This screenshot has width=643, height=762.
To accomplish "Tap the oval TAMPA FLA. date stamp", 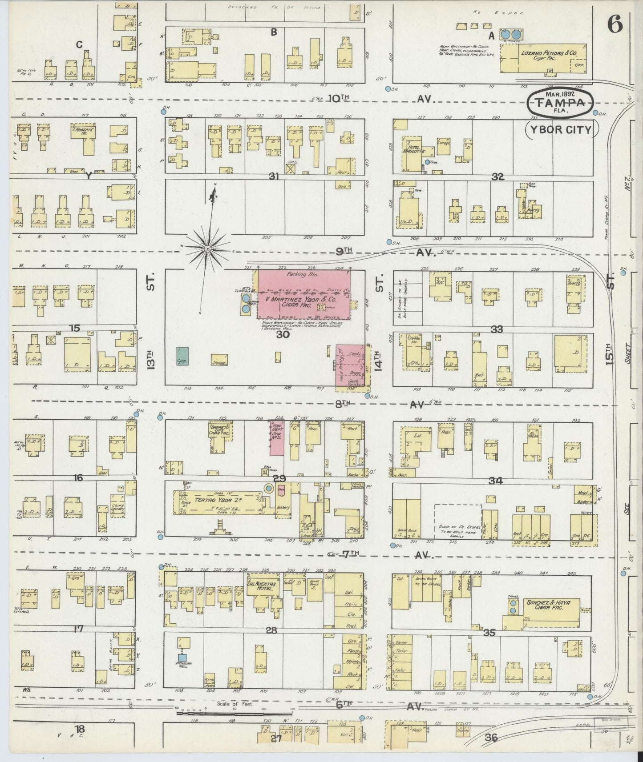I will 559,102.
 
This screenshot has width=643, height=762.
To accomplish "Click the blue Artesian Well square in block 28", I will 182,657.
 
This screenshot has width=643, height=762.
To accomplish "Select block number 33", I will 496,329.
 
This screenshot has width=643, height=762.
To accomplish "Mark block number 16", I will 78,477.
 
